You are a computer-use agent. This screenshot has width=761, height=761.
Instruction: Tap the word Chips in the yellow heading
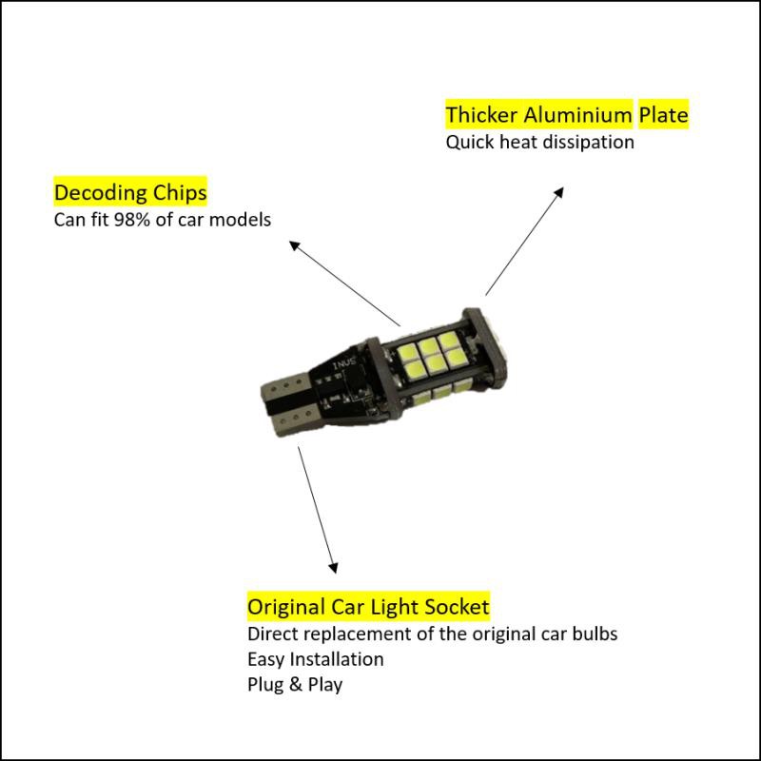pos(176,193)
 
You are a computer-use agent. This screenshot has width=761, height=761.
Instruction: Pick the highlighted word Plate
pos(663,116)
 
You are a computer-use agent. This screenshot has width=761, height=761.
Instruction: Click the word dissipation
pos(591,143)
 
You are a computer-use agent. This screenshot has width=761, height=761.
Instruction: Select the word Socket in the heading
pos(458,606)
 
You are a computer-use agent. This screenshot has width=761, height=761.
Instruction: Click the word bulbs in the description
pos(595,634)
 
